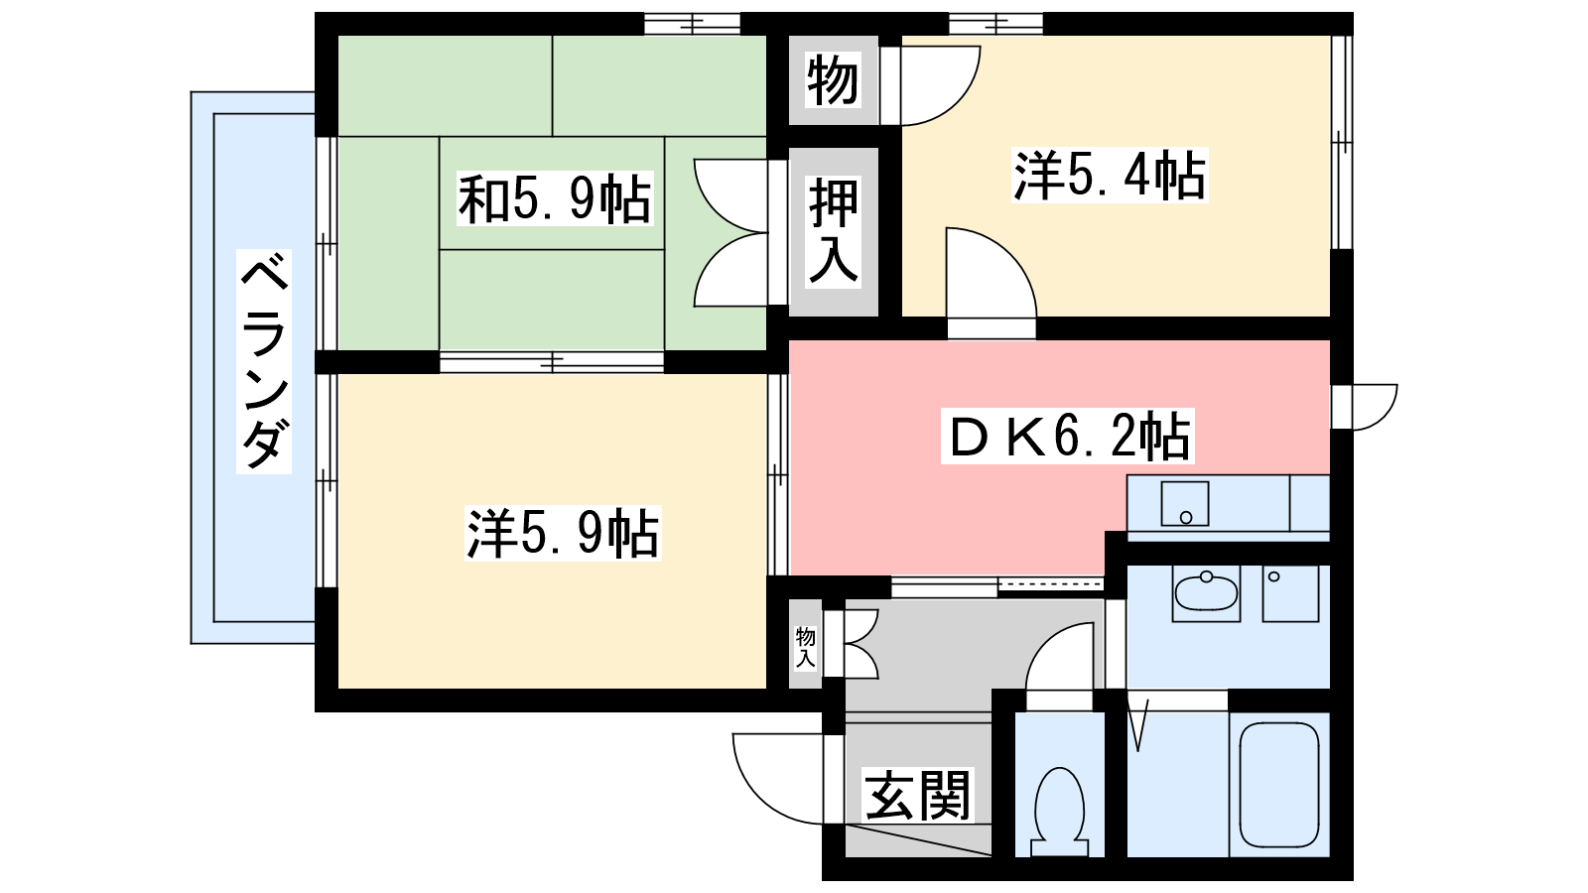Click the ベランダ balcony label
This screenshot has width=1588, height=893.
(x=264, y=362)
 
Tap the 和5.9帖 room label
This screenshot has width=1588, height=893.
(x=554, y=199)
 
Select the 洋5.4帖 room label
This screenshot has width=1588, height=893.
(x=1109, y=176)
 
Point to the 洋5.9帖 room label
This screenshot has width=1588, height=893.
(x=563, y=534)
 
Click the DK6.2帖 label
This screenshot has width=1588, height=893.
(x=1068, y=437)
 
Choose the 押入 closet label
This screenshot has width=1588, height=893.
(x=833, y=231)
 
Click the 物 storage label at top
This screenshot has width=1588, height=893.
(x=832, y=80)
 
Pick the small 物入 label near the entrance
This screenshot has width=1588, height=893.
(x=805, y=647)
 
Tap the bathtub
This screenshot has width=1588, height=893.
(x=1279, y=784)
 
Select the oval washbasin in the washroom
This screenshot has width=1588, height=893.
(x=1206, y=592)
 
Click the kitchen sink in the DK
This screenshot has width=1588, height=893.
(x=1184, y=504)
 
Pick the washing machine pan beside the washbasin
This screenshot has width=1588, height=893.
(x=1290, y=593)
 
